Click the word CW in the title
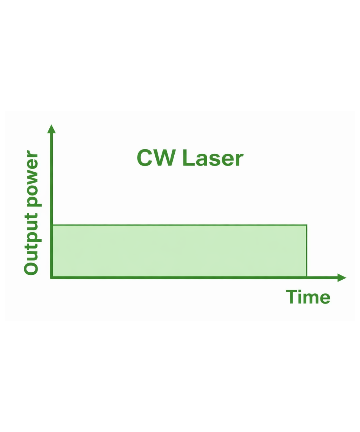point(156,158)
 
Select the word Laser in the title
point(213,158)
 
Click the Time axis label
point(308,297)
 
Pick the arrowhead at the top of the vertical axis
point(52,129)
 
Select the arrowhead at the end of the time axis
point(342,277)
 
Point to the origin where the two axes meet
point(52,277)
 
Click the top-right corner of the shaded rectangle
point(307,225)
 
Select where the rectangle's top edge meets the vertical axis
point(52,225)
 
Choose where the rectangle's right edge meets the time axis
point(307,277)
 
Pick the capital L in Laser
point(188,158)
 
